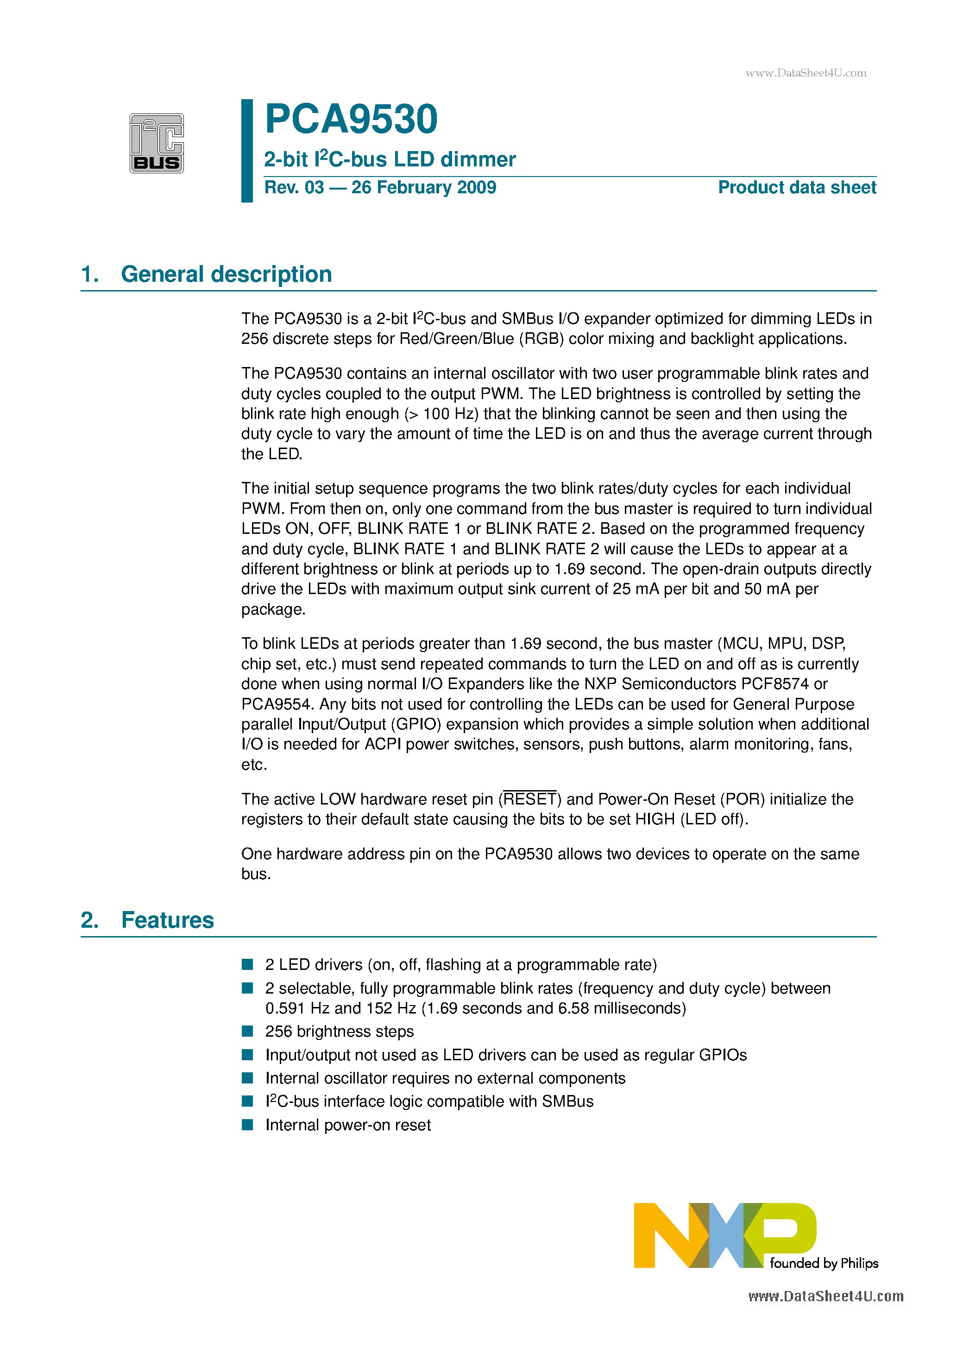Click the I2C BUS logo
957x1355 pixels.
(157, 143)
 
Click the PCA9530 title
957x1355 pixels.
(351, 119)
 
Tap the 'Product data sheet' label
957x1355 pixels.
(797, 188)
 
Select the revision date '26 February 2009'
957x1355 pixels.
(424, 188)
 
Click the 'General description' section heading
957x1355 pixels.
(226, 274)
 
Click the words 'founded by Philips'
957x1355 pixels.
(824, 1263)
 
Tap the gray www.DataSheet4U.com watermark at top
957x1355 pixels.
(806, 73)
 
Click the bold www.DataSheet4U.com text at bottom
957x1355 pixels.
(825, 1297)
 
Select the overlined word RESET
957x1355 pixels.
(530, 799)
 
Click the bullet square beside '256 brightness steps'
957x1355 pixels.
(248, 1031)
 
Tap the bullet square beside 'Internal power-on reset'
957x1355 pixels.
(248, 1125)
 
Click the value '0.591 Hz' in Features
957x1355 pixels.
(297, 1008)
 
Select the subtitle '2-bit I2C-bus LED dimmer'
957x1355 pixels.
(390, 159)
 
